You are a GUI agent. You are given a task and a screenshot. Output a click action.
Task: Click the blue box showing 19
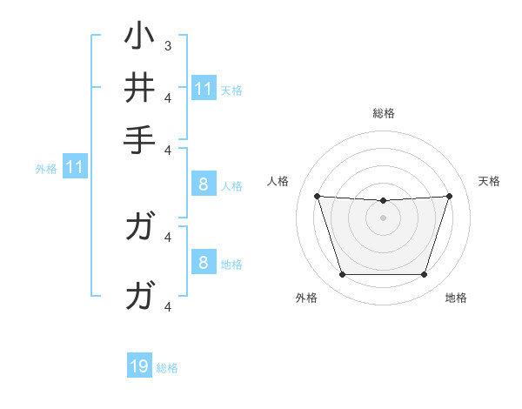[x=139, y=366]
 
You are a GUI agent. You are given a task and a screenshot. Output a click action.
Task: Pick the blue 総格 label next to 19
[x=167, y=368]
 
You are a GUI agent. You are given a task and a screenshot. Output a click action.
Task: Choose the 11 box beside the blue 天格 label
[x=204, y=89]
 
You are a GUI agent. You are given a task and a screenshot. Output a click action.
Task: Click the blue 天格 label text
[x=231, y=90]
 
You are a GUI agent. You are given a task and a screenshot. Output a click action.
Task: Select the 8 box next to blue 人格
[x=203, y=184]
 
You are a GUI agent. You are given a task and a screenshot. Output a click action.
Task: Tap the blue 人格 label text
[x=231, y=185]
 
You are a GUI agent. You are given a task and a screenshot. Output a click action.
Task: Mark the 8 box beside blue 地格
[x=203, y=262]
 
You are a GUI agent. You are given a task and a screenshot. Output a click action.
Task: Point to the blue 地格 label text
[x=231, y=264]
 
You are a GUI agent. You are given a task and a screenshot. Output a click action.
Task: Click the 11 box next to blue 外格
[x=74, y=166]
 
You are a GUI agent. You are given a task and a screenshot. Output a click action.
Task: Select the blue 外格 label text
[x=46, y=168]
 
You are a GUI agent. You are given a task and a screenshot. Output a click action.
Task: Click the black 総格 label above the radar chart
[x=384, y=113]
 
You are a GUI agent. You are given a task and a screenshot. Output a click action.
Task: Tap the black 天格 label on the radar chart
[x=490, y=181]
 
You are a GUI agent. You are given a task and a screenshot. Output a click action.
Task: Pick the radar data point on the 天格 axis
[x=450, y=196]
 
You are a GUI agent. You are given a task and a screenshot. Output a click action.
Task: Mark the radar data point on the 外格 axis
[x=342, y=275]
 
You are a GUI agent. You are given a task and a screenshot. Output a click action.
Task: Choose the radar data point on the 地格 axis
[x=425, y=275]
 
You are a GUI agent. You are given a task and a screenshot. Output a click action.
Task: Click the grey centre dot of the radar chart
[x=384, y=218]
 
